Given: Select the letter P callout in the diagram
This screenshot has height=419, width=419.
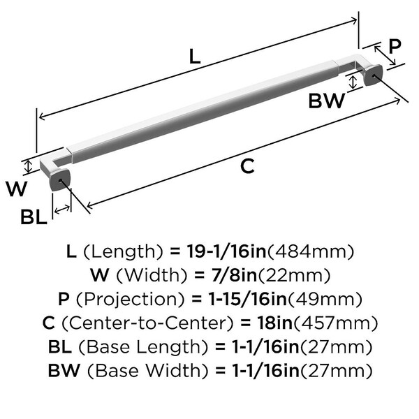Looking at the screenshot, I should (x=395, y=47).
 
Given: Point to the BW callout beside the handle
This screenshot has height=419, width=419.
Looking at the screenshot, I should (x=326, y=101).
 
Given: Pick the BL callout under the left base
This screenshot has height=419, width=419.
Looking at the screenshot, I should (x=34, y=217).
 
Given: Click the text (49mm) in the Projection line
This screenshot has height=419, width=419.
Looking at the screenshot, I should (x=327, y=299).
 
